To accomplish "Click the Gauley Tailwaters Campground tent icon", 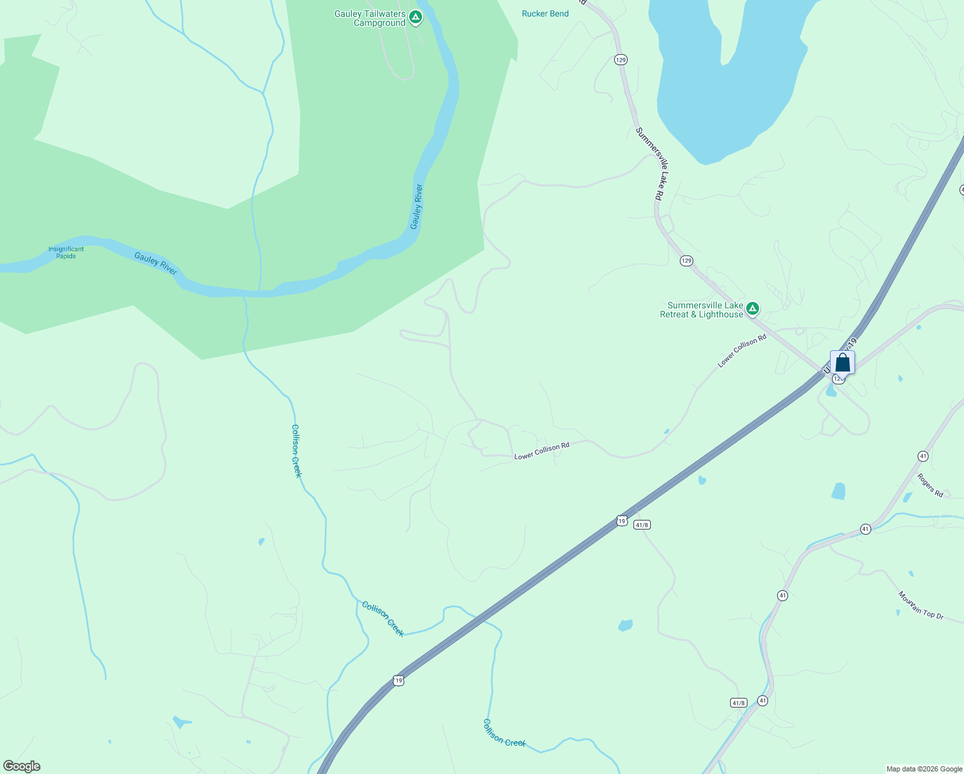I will pos(416,17).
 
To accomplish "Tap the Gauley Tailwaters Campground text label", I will pos(370,18).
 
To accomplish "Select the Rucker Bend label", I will pos(545,14).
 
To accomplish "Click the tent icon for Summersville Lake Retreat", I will pos(752,310).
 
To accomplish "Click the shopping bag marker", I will pos(842,363).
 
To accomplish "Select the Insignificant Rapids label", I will pos(66,252).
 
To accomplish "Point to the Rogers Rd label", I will pos(930,485).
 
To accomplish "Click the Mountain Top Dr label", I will pos(921,606).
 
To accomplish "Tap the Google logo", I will pos(21,766).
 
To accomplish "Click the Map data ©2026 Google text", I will pos(924,769).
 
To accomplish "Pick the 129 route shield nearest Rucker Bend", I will pos(621,60).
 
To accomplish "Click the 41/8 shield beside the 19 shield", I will pos(642,525).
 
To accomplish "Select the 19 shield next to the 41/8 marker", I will pos(621,521).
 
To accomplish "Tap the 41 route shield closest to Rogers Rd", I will pos(923,456).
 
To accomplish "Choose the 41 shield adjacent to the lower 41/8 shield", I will pos(763,700).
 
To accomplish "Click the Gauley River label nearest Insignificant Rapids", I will pos(156,263).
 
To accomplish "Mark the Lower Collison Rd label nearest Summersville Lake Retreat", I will pos(742,351).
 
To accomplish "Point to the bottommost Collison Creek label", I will pos(505,733).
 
